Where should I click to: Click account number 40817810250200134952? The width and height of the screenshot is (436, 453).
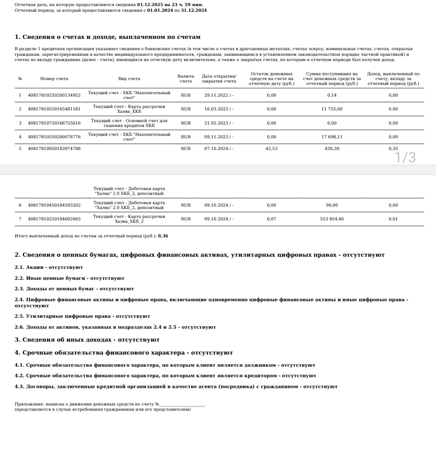click(x=54, y=95)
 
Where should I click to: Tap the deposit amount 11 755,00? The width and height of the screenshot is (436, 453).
click(x=332, y=109)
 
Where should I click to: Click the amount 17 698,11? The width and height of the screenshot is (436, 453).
click(x=332, y=137)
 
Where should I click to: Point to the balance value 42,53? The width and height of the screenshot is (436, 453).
click(x=271, y=149)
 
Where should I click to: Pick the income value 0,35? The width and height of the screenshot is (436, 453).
click(x=393, y=149)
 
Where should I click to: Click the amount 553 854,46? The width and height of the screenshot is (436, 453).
click(x=332, y=219)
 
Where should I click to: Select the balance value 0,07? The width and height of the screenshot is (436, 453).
click(x=271, y=219)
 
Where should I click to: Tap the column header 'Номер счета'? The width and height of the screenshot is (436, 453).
click(x=54, y=79)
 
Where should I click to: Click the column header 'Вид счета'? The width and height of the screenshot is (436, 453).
click(x=129, y=79)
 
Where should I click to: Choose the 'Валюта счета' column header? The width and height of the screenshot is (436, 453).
click(x=186, y=79)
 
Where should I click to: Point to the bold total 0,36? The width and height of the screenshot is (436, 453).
click(x=163, y=236)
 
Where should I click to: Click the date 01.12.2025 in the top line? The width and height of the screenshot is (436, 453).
click(x=149, y=4)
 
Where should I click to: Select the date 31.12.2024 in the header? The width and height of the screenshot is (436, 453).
click(x=194, y=10)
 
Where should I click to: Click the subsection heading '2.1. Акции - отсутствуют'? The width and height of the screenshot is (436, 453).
click(x=48, y=267)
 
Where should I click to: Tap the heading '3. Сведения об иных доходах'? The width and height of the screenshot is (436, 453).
click(x=87, y=340)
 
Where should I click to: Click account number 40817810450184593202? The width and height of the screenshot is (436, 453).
click(x=54, y=205)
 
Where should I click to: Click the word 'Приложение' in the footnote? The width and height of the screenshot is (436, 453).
click(x=29, y=404)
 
